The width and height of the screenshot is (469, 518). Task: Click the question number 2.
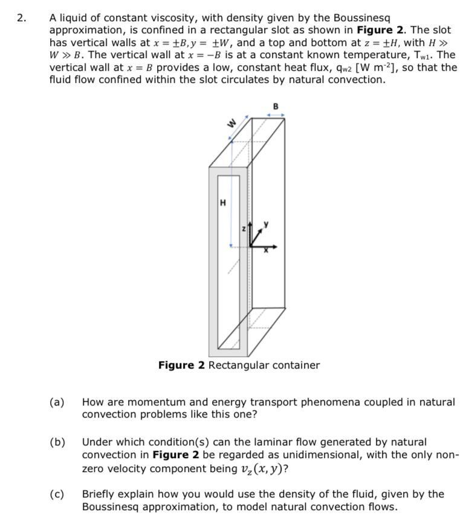point(21,18)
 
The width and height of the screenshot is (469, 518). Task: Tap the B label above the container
point(276,107)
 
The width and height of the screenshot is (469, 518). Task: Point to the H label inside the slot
point(223,203)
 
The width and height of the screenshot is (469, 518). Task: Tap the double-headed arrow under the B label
point(276,115)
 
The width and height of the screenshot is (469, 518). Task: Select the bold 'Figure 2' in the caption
point(181,365)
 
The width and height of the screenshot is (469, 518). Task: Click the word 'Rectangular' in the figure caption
point(236,365)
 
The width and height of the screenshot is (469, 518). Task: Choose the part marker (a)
point(57,402)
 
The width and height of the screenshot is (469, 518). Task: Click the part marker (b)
point(57,442)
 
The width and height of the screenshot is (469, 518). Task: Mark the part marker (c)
point(57,494)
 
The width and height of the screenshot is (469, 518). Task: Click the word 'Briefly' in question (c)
point(99,494)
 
